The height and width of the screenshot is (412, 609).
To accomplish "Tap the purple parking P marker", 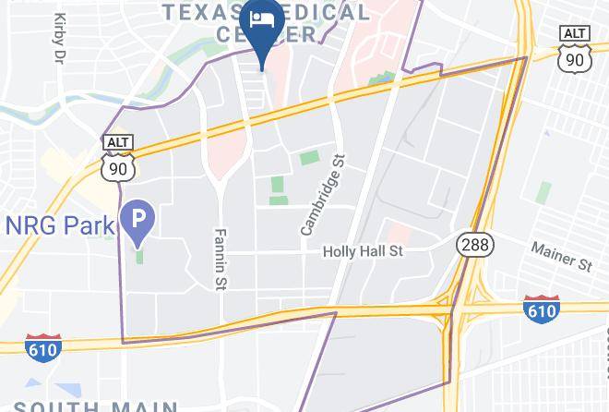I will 139,219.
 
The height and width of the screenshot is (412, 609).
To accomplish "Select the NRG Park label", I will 60,224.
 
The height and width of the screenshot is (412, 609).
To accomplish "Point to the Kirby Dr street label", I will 61,37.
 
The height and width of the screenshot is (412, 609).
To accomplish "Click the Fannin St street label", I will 220,258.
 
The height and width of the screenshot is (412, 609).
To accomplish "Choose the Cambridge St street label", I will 322,194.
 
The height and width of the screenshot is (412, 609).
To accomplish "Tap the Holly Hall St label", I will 363,251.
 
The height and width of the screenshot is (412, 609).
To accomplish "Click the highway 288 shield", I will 475,245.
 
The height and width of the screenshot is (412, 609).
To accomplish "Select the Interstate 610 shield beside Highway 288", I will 541,309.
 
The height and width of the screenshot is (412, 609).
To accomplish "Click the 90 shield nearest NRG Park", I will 118,166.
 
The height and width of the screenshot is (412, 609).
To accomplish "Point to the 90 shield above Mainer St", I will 575,59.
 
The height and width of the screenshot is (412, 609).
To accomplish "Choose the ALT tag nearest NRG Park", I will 118,141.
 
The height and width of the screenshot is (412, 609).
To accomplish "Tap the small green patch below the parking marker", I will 139,254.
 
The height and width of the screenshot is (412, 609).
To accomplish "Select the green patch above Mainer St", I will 544,191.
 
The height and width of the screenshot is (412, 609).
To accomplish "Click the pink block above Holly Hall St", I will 399,233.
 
